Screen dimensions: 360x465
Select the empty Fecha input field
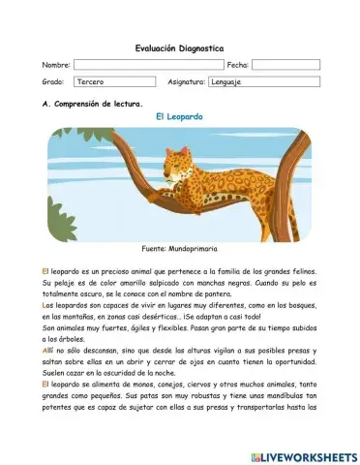285,65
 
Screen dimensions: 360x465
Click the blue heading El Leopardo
179,116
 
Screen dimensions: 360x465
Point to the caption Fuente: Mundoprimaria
179,249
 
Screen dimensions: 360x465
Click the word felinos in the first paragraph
302,272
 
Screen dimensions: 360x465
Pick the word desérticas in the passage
152,317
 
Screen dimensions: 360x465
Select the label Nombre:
56,65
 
